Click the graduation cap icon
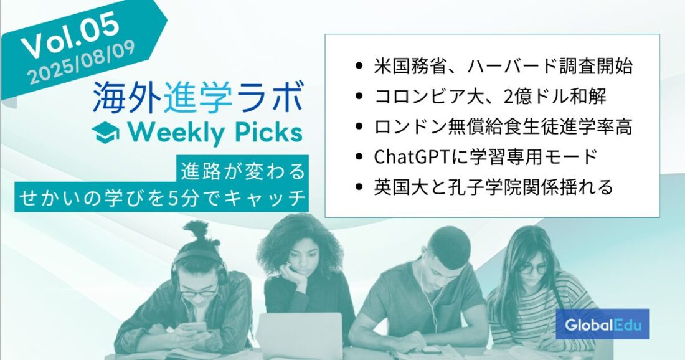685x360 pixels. coord(106,133)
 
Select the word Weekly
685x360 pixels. coord(175,133)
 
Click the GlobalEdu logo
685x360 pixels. coord(602,324)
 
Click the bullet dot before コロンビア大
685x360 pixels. coord(359,97)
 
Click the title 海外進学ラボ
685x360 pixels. coord(198,98)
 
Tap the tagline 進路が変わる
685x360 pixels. coord(243,171)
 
